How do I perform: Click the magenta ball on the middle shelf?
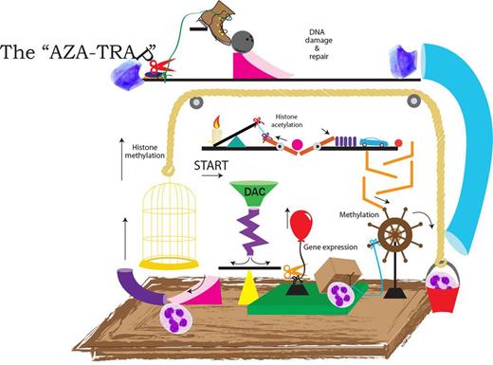(x=297, y=145)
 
